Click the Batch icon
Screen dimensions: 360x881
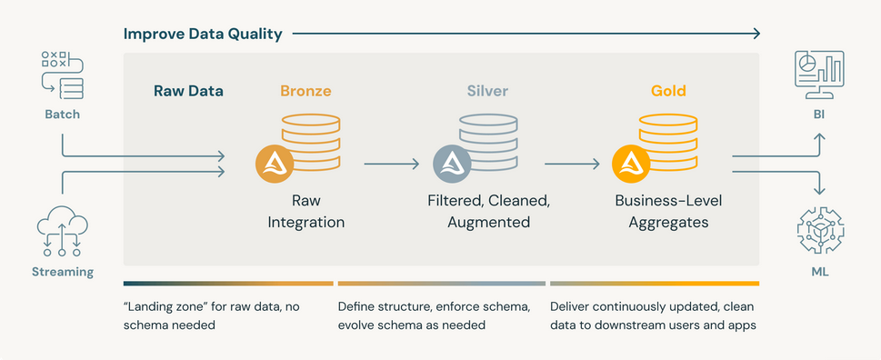click(x=62, y=75)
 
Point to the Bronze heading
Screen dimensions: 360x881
click(x=305, y=91)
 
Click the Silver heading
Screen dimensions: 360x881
click(x=487, y=91)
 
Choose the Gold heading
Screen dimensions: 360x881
click(x=668, y=91)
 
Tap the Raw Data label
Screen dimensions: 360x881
click(x=188, y=91)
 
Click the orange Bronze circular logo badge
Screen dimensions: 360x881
click(x=274, y=165)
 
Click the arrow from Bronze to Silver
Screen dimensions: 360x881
click(x=391, y=164)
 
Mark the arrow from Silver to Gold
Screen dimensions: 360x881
click(x=572, y=164)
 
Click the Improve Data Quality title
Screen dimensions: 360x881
click(x=203, y=35)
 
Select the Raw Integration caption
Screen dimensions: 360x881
click(x=305, y=210)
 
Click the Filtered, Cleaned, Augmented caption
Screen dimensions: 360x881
click(x=488, y=210)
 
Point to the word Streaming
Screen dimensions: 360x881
click(x=63, y=272)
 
